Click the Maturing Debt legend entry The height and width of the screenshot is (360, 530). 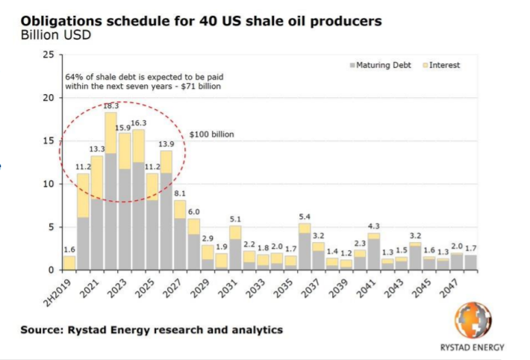point(380,65)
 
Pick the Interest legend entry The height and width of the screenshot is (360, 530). point(440,65)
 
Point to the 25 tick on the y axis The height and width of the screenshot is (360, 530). point(49,55)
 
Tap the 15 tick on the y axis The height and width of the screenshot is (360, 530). point(49,140)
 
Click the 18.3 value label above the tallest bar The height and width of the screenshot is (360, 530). point(110,106)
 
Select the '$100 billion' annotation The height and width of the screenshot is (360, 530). point(213,134)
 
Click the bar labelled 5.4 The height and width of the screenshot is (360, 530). point(305,246)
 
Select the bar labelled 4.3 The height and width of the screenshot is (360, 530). point(374,251)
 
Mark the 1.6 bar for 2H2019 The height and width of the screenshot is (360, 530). point(69,263)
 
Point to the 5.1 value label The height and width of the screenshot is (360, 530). point(235,219)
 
